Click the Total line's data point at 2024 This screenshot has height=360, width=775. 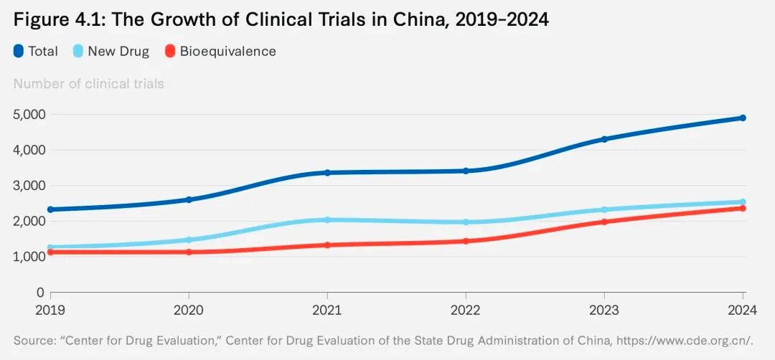pyautogui.click(x=743, y=118)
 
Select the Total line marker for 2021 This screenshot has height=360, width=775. pyautogui.click(x=327, y=172)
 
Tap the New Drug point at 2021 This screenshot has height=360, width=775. pyautogui.click(x=327, y=220)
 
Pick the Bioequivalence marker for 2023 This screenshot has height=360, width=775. pyautogui.click(x=604, y=222)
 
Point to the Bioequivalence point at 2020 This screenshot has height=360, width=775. pyautogui.click(x=189, y=252)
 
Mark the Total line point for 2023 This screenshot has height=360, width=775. pyautogui.click(x=604, y=139)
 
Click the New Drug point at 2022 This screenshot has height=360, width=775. pyautogui.click(x=466, y=222)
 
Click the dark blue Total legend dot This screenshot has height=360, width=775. pyautogui.click(x=19, y=51)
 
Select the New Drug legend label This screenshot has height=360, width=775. pyautogui.click(x=118, y=51)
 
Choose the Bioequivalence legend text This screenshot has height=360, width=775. pyautogui.click(x=227, y=51)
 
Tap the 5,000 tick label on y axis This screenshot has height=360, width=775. pyautogui.click(x=29, y=114)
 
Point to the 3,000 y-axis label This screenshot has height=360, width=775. pyautogui.click(x=29, y=185)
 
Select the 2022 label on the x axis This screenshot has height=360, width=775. pyautogui.click(x=466, y=311)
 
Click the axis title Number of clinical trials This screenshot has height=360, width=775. pyautogui.click(x=88, y=84)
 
